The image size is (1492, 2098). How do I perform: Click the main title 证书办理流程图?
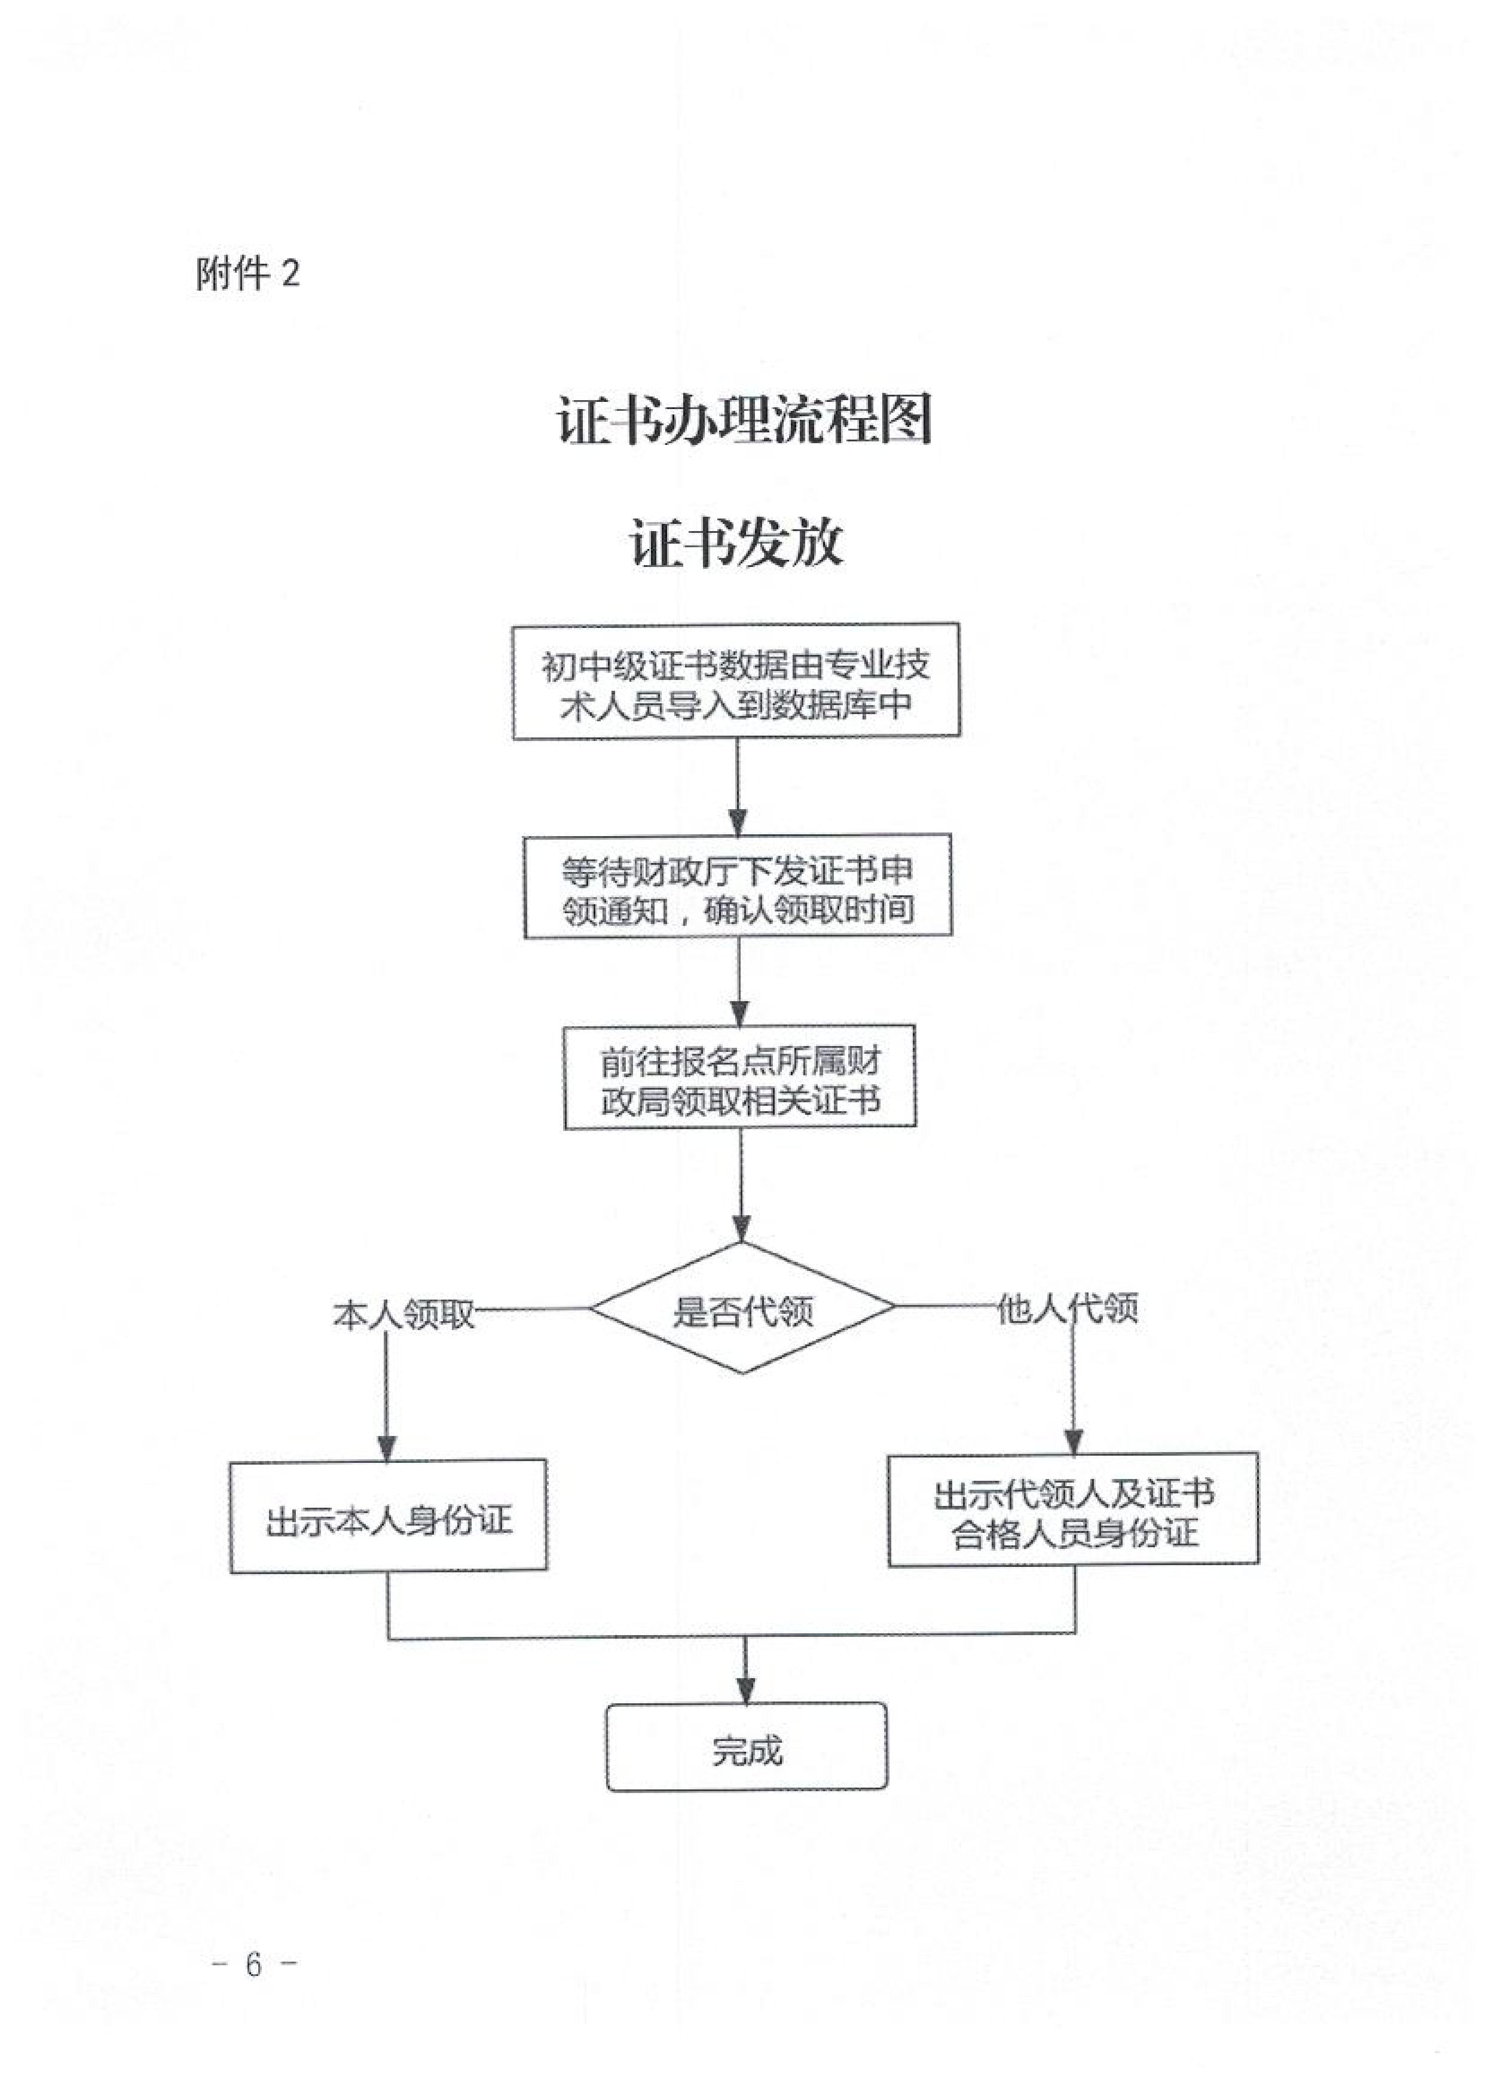click(744, 421)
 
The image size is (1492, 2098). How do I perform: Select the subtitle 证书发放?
click(737, 543)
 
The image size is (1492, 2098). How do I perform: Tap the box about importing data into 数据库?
click(736, 682)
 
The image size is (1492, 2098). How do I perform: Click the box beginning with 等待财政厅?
click(738, 887)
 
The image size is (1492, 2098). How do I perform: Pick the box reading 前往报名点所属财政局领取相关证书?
click(739, 1077)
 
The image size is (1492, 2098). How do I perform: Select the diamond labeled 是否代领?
click(742, 1309)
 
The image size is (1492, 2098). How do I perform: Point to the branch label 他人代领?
click(1068, 1308)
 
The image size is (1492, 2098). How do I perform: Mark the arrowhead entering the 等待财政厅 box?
click(738, 822)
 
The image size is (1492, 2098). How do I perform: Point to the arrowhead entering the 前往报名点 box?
click(739, 1013)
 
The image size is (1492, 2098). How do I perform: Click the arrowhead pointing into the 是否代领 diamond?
click(741, 1228)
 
